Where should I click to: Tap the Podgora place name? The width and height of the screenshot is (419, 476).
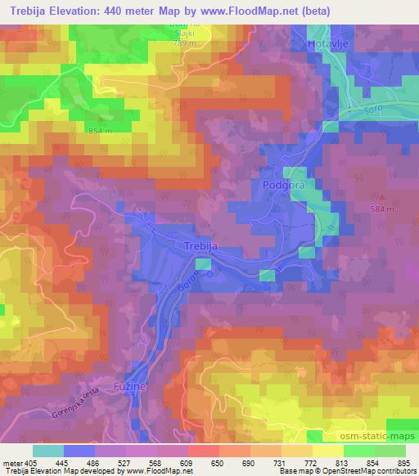click(x=283, y=186)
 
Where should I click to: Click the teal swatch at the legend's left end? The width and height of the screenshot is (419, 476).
click(x=47, y=450)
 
